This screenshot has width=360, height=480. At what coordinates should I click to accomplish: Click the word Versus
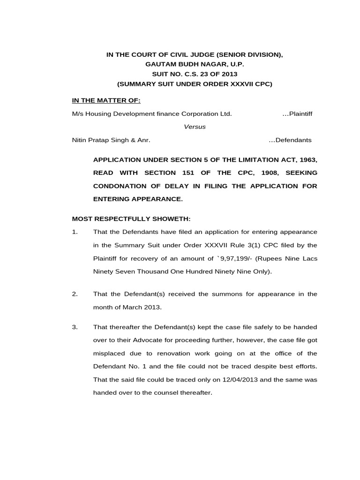pyautogui.click(x=194, y=127)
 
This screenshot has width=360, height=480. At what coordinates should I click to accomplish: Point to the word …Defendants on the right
pyautogui.click(x=290, y=140)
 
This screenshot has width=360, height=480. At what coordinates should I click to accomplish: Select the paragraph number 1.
pyautogui.click(x=75, y=232)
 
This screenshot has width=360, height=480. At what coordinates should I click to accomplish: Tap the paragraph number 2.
pyautogui.click(x=75, y=294)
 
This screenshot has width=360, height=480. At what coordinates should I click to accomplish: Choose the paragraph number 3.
pyautogui.click(x=75, y=327)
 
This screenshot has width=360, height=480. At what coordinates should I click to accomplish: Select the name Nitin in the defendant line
pyautogui.click(x=80, y=140)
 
